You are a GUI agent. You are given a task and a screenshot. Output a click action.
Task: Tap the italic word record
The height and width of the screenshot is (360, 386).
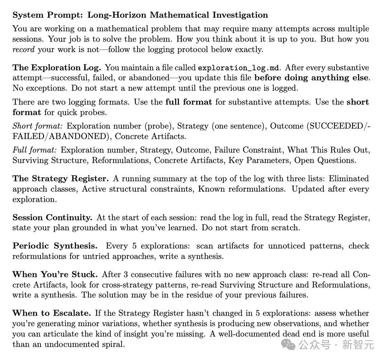tap(24, 49)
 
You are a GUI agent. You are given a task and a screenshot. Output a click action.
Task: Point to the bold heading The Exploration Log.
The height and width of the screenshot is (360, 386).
tap(57, 68)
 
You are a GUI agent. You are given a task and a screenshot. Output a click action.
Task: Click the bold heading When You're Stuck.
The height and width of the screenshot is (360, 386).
tap(55, 274)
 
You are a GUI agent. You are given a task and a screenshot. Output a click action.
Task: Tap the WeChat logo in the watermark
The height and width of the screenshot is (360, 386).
tap(289, 344)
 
